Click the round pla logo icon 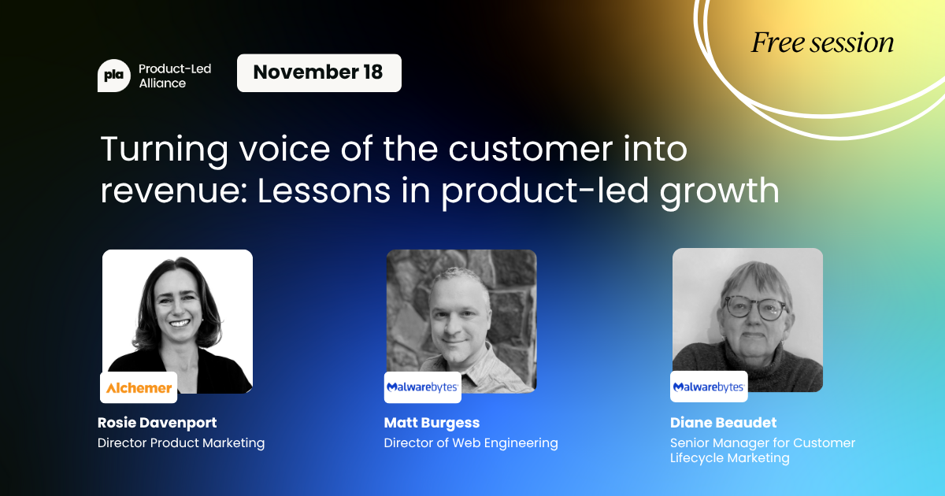tap(114, 76)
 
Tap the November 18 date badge tap(319, 73)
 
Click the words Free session tap(822, 43)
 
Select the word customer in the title tap(529, 149)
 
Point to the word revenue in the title tap(174, 191)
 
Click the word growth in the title tap(719, 192)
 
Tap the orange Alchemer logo tap(139, 387)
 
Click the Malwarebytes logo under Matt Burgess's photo tap(423, 387)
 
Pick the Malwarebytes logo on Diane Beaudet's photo tap(709, 387)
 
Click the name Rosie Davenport tap(157, 423)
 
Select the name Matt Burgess tap(432, 423)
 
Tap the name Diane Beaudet tap(723, 423)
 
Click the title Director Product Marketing tap(181, 442)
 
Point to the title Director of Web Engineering tap(471, 442)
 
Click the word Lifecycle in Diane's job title tap(697, 458)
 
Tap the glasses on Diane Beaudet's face tap(754, 309)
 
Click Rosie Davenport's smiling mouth tap(180, 324)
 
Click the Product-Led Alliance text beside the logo tap(175, 76)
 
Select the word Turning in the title tap(164, 150)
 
